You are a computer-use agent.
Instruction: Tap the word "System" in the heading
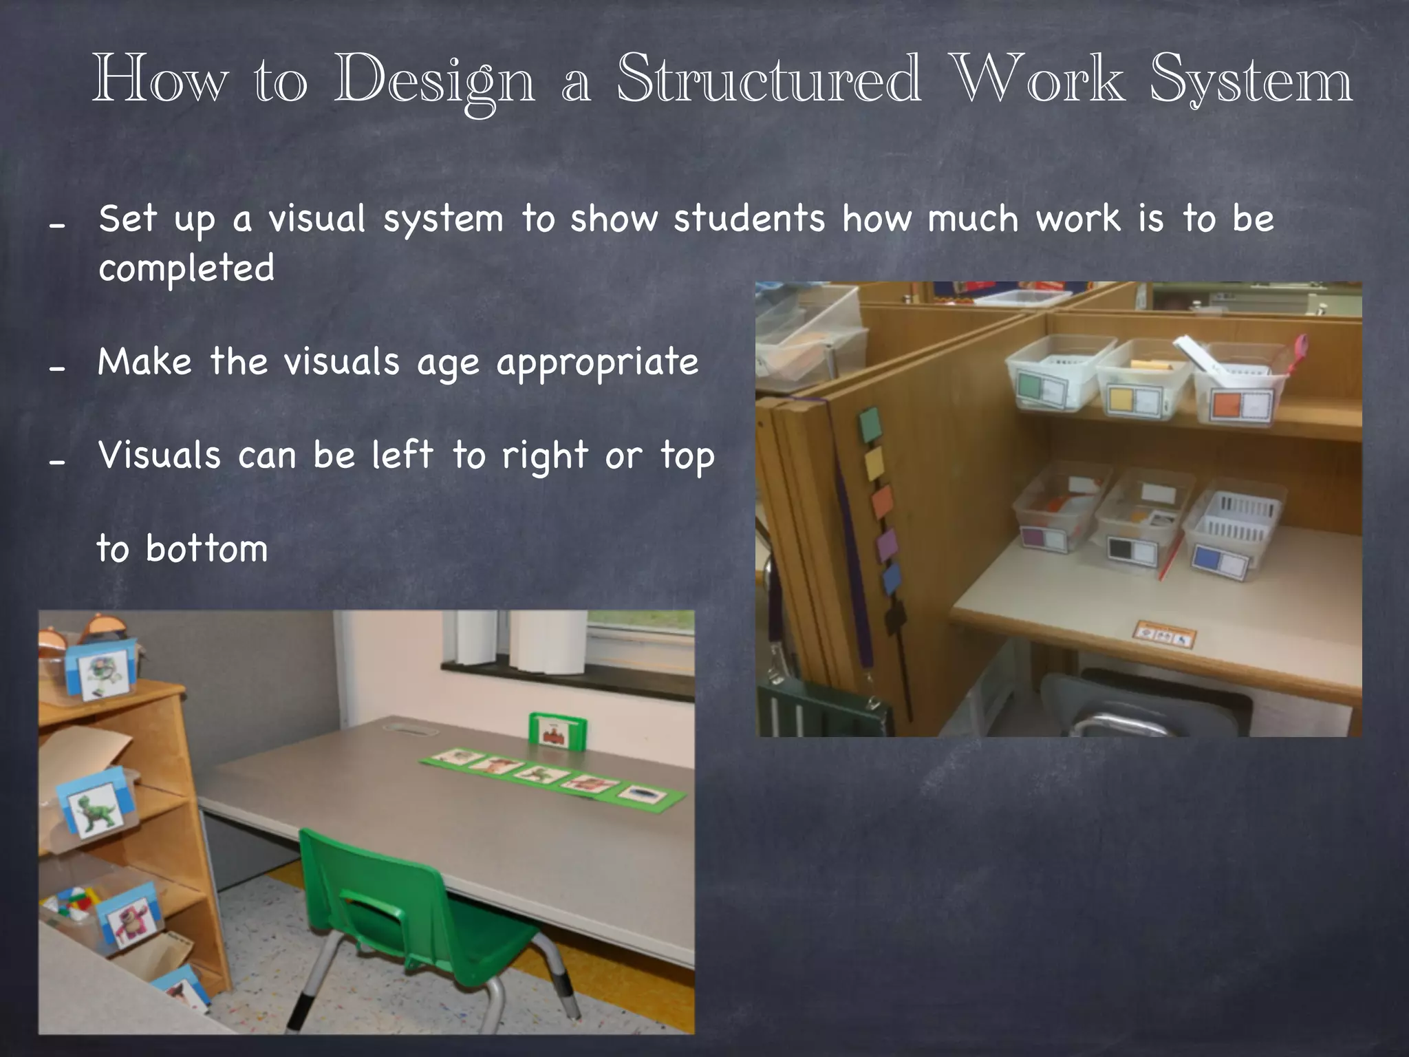pos(1251,81)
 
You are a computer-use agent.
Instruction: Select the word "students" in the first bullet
pos(749,219)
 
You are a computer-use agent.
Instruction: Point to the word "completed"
pos(186,268)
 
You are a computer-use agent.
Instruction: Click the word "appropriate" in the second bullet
pos(597,363)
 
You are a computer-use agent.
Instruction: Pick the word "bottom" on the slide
pos(206,549)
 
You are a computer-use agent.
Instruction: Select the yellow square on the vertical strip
pos(874,463)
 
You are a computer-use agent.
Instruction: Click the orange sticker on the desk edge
pos(1164,634)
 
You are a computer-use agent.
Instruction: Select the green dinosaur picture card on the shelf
pos(96,807)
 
